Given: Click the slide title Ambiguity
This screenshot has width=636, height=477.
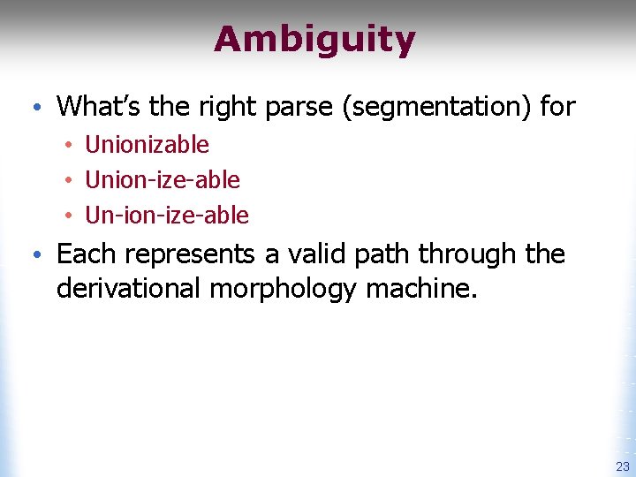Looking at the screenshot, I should [314, 40].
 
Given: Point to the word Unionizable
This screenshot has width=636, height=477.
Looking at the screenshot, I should [147, 145].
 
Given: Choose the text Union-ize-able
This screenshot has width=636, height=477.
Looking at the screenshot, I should [162, 180].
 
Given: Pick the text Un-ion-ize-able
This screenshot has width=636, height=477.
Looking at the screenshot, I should [167, 216].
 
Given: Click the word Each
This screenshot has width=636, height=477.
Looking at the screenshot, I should [87, 254].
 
